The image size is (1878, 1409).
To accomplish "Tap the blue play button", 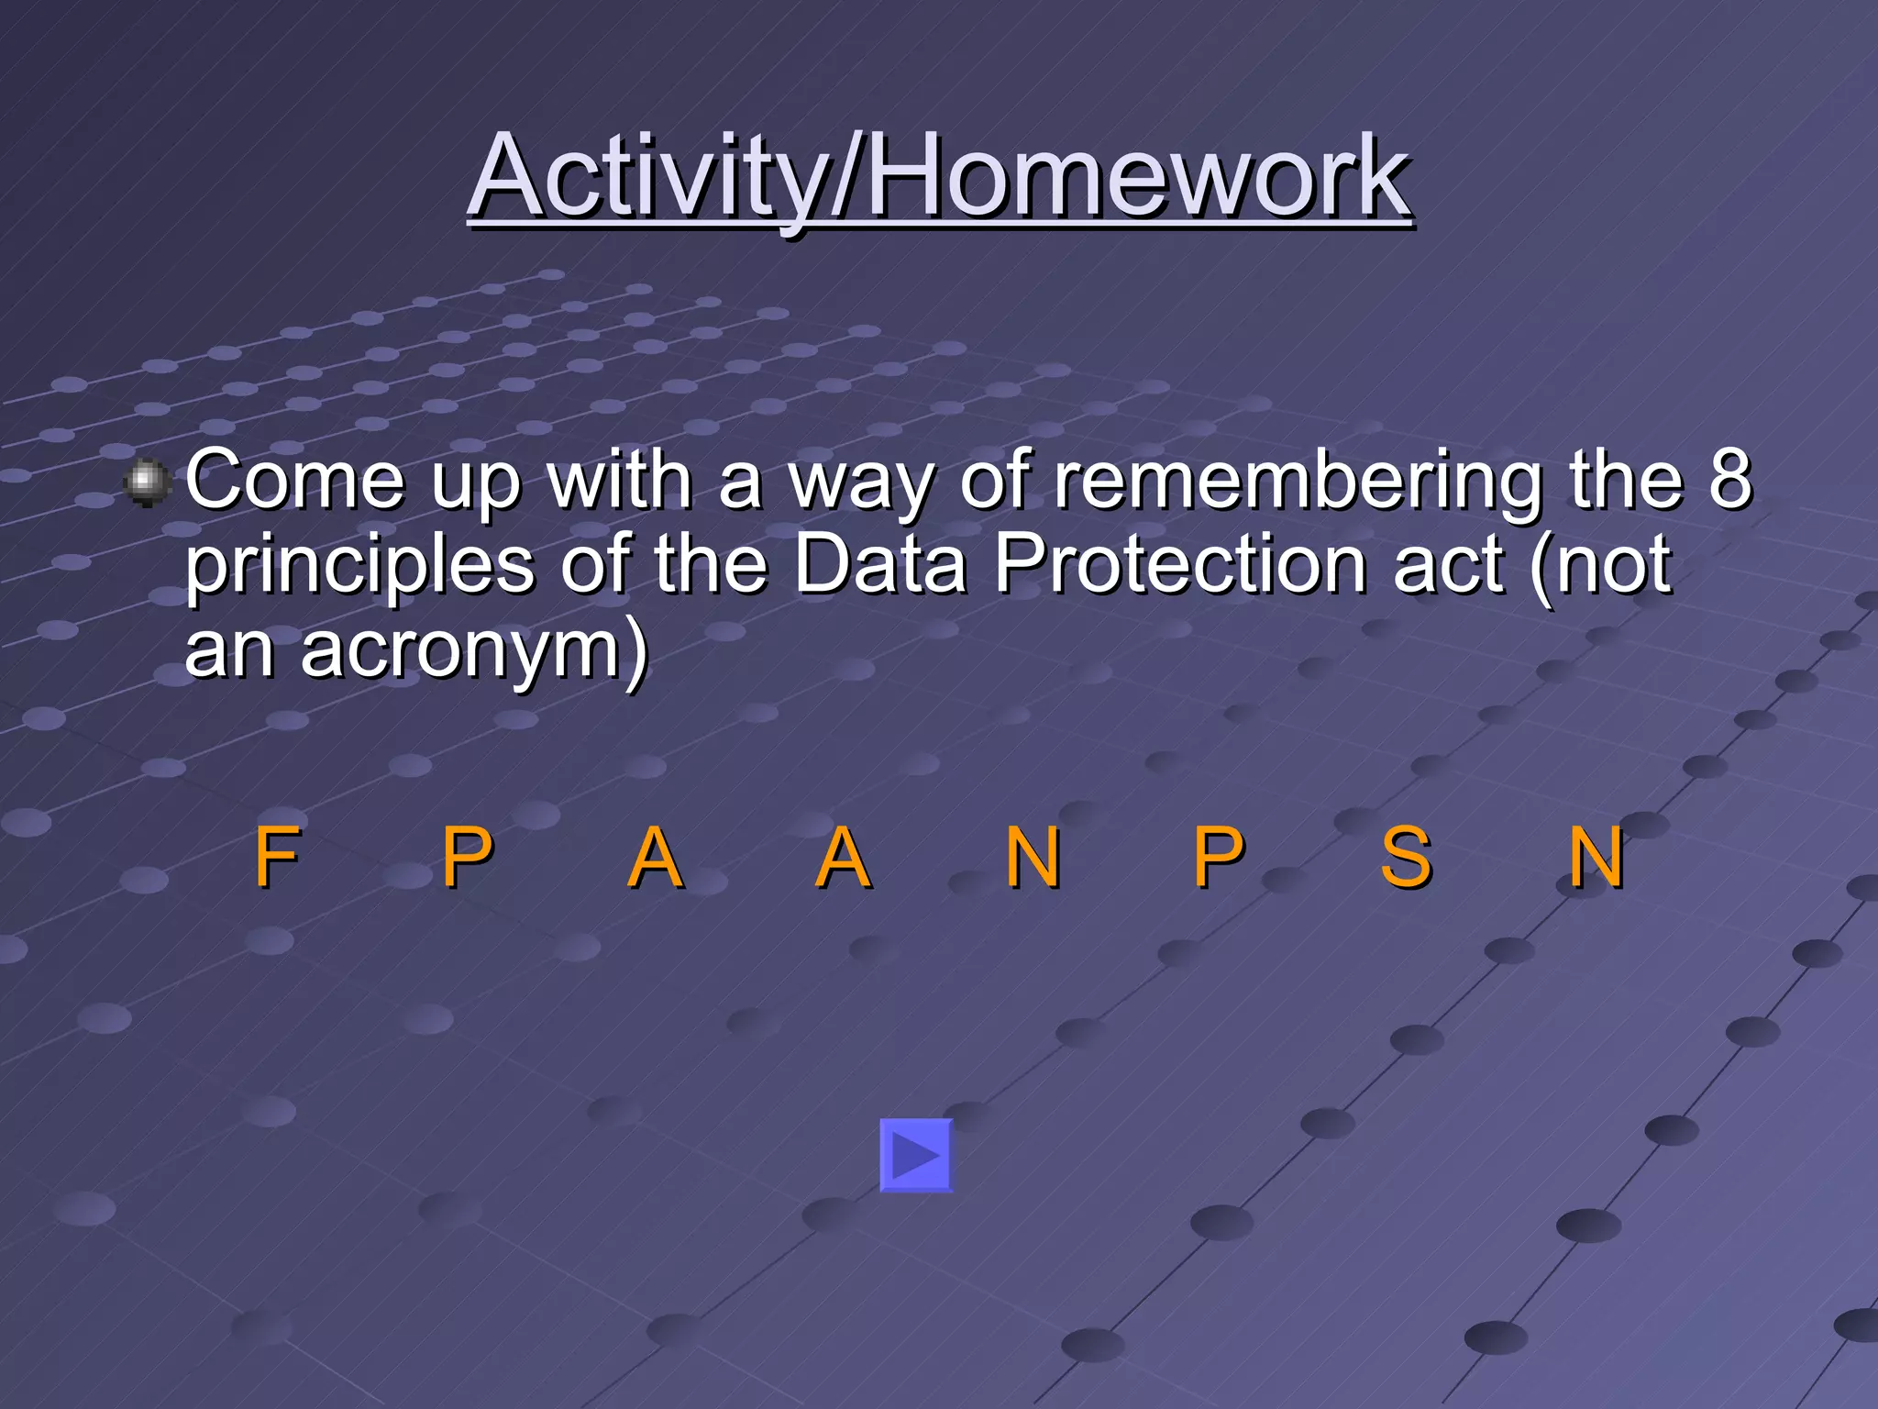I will tap(916, 1155).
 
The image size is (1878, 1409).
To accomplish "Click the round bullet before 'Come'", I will tap(147, 483).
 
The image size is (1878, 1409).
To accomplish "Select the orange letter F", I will tap(276, 858).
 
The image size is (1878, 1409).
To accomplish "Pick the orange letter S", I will tap(1406, 858).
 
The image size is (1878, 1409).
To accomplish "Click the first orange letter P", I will tap(467, 858).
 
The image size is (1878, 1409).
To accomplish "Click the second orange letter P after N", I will tap(1218, 858).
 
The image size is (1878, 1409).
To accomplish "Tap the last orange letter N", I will tap(1596, 858).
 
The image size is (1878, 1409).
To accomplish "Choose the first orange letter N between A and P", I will tap(1033, 858).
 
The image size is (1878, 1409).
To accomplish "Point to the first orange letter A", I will tap(655, 858).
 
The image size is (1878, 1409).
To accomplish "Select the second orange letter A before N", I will tap(843, 858).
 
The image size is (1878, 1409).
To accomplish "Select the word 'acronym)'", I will tap(475, 649).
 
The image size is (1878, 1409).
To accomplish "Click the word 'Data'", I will tap(879, 563).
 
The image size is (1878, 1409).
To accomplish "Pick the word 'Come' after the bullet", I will tap(294, 480).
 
